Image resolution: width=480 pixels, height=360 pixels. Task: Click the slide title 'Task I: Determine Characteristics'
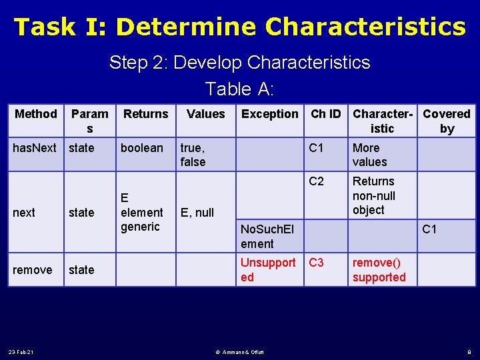point(240,27)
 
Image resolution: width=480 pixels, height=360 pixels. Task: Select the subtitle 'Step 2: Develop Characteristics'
point(240,63)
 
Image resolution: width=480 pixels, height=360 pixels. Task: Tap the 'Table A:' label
point(240,89)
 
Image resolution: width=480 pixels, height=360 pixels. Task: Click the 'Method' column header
point(36,114)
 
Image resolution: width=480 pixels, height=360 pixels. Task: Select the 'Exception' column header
point(270,114)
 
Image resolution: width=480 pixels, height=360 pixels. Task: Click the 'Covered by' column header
point(447,121)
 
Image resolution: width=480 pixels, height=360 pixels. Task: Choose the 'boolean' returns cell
point(141,148)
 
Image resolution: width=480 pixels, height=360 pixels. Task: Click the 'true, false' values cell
point(193,155)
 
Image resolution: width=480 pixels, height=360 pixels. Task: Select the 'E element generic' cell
point(141,212)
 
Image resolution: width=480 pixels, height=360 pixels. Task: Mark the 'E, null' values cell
point(197,213)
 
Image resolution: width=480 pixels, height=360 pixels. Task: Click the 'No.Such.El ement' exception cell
point(267,237)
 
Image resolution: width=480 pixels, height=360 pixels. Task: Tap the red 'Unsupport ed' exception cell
point(268,269)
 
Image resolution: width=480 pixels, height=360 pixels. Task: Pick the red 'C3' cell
point(316,263)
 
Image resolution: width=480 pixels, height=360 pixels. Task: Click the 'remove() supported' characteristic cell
point(379,269)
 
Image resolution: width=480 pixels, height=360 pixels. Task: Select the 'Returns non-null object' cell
point(374,195)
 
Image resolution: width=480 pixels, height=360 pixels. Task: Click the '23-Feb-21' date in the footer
point(22,351)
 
